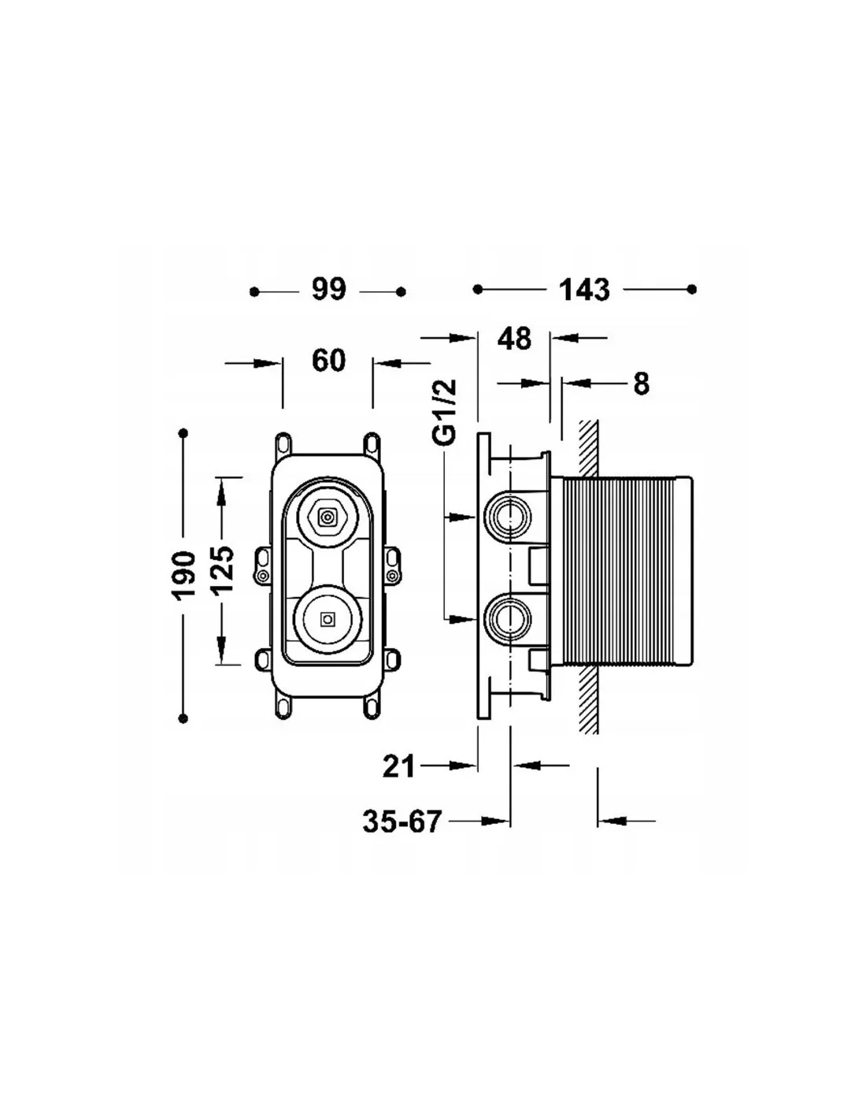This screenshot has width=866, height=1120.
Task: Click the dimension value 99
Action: (328, 290)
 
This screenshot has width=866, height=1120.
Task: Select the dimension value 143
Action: (584, 290)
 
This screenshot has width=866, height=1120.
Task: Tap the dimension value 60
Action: (328, 361)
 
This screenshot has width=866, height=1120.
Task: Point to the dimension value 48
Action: (514, 339)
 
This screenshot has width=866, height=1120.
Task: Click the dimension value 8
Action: (641, 384)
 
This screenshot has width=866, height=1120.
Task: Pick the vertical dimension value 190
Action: (184, 574)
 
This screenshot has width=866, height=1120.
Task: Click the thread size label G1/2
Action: (446, 412)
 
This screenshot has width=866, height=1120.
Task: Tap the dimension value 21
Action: (398, 766)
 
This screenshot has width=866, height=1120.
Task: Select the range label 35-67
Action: (402, 822)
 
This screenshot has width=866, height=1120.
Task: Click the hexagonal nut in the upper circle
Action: (326, 517)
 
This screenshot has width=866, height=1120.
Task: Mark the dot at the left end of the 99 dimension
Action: (254, 292)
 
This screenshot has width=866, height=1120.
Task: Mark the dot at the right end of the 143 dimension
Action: (691, 290)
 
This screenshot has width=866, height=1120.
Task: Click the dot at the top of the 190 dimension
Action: (184, 433)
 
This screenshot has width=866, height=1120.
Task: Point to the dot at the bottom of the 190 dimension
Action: (184, 718)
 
